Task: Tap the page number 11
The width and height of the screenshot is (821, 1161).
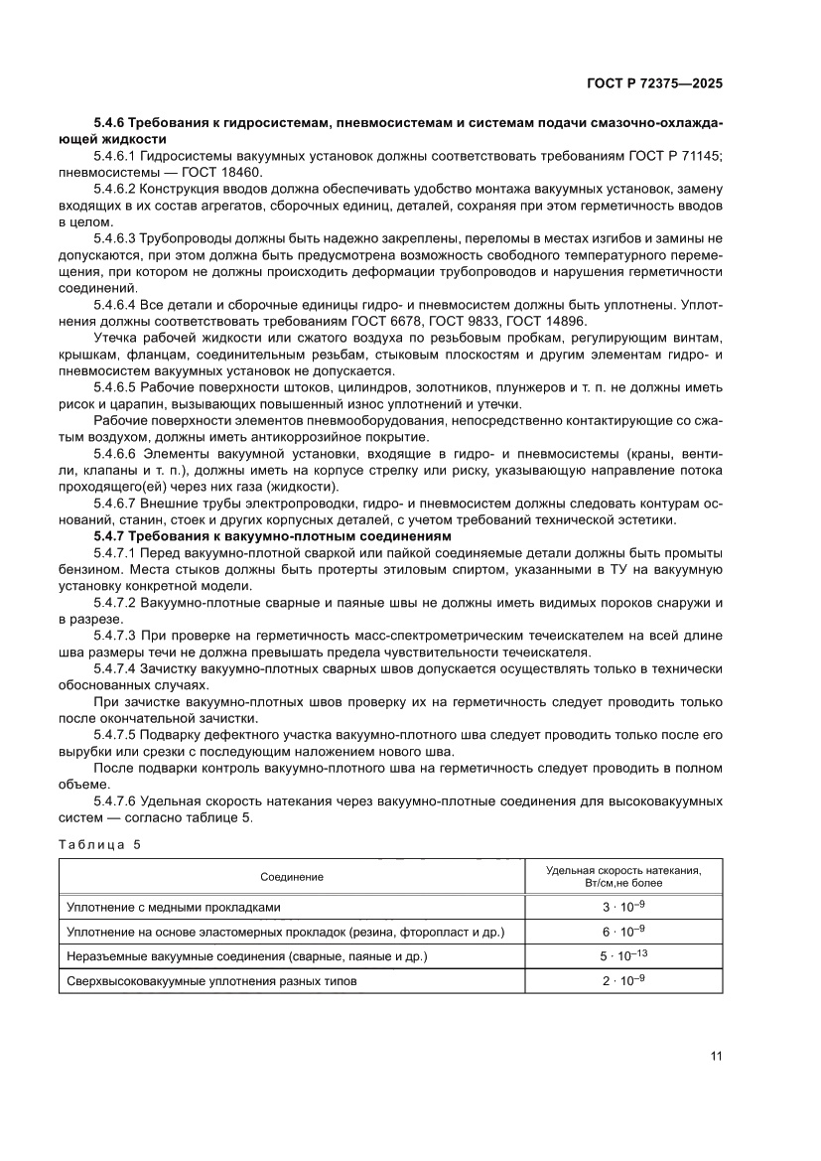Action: pyautogui.click(x=716, y=1055)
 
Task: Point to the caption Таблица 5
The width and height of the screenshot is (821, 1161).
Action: pyautogui.click(x=99, y=844)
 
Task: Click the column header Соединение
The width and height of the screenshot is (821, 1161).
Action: pyautogui.click(x=292, y=877)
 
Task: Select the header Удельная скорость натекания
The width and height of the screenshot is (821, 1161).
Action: pyautogui.click(x=623, y=870)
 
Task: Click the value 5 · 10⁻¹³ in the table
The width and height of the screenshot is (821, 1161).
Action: pyautogui.click(x=623, y=956)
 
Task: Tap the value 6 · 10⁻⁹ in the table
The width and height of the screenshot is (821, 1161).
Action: pyautogui.click(x=623, y=932)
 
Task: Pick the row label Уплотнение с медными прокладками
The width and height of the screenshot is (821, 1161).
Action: pyautogui.click(x=174, y=907)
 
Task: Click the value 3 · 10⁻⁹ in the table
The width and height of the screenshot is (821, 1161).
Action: pyautogui.click(x=623, y=907)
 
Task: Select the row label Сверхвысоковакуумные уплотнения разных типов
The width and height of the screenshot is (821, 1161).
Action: pyautogui.click(x=210, y=981)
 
